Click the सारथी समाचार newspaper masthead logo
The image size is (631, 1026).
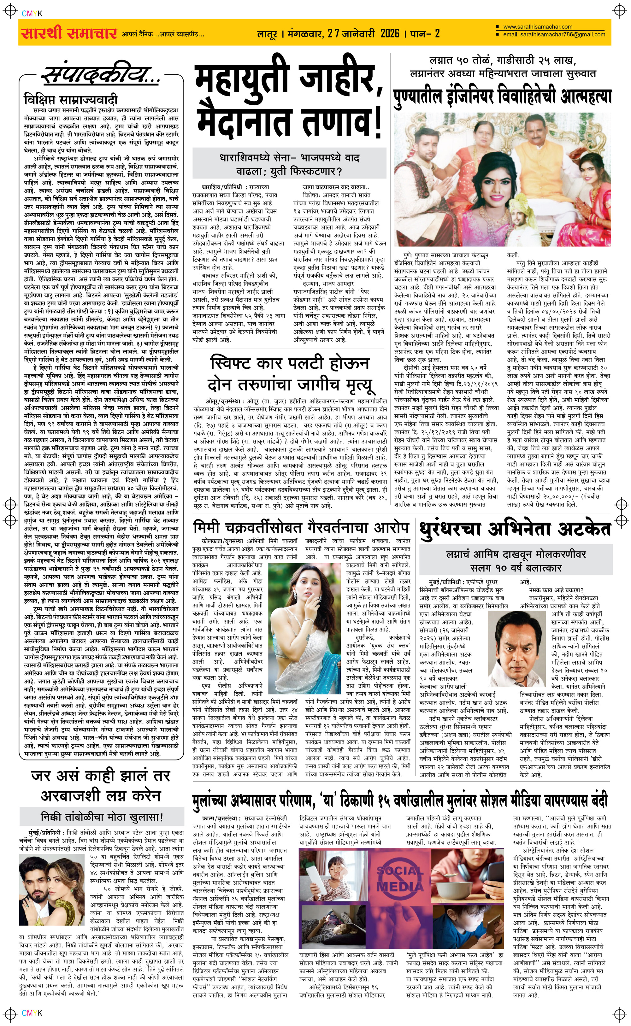pos(69,32)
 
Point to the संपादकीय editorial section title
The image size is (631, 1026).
pos(100,75)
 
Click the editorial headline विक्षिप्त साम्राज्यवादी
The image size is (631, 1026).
pos(71,100)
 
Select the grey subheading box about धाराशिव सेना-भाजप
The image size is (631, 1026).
pos(289,164)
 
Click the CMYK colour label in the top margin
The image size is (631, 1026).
pos(32,13)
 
